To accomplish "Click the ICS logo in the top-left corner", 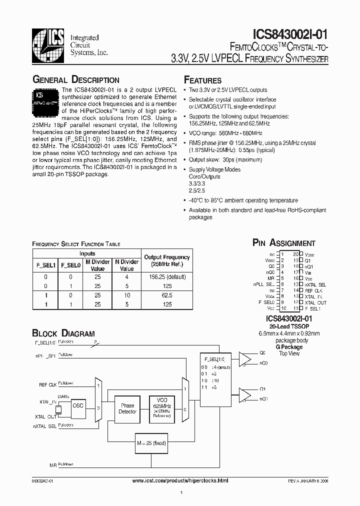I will pos(48,44).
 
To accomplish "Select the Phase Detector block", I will pos(127,408).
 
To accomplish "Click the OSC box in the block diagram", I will pos(78,406).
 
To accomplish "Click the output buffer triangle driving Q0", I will pos(245,358).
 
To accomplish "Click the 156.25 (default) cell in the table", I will pos(166,276).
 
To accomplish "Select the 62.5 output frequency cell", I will pos(166,295).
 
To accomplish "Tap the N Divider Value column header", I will pos(127,265).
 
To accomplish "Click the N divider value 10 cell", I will pos(127,295).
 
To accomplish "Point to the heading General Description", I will pos(75,80).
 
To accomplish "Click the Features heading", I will pos(203,80).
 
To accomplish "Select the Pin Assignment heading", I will pos(283,243).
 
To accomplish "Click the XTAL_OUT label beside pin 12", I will pos(315,303).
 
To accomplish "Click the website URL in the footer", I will pos(180,480).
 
